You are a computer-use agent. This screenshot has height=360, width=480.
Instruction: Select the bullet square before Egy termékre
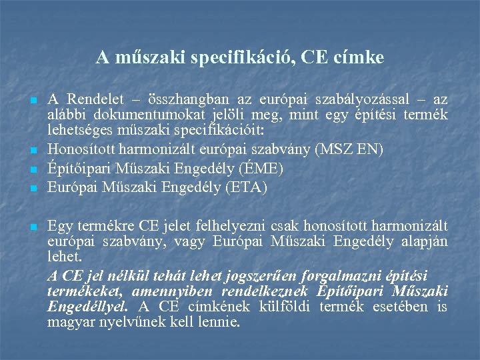click(33, 229)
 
